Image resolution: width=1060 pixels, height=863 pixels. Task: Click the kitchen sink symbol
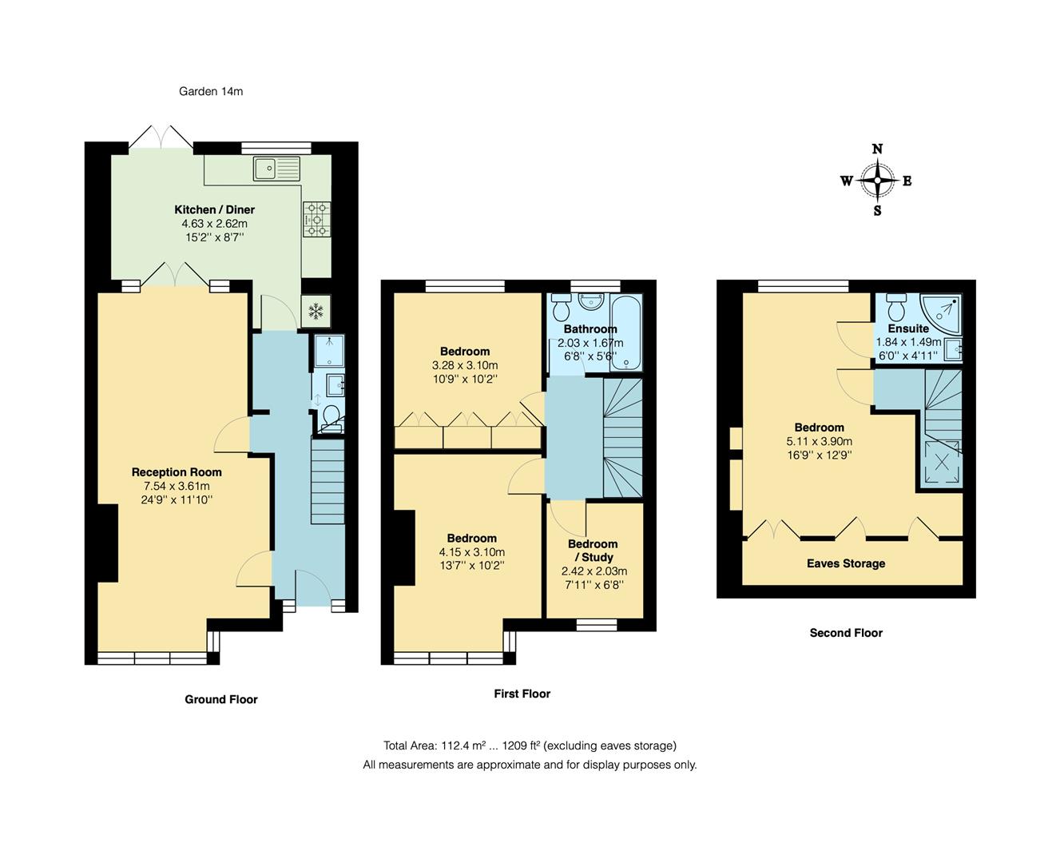(276, 168)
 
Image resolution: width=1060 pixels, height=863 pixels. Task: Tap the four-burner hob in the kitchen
(316, 218)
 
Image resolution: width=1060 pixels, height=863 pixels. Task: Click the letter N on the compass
(877, 149)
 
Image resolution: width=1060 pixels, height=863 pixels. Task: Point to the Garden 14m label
(211, 91)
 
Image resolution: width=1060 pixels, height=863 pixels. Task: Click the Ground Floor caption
(221, 699)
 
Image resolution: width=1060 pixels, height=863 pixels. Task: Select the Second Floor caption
(846, 633)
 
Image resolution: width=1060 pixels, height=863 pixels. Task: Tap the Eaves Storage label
(846, 563)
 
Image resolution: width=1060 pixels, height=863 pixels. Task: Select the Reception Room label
(177, 472)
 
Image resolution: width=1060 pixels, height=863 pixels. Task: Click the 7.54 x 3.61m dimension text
(177, 486)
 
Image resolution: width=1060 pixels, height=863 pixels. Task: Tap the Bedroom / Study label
(593, 551)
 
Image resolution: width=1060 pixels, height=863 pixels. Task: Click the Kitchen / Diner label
(215, 209)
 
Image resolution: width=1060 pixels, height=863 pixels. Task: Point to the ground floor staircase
(326, 484)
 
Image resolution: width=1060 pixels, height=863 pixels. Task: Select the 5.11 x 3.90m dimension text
(820, 441)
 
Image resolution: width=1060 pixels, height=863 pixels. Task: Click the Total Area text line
(530, 746)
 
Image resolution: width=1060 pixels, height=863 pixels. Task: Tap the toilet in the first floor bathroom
(561, 307)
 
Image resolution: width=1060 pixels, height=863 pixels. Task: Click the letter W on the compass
(846, 181)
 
